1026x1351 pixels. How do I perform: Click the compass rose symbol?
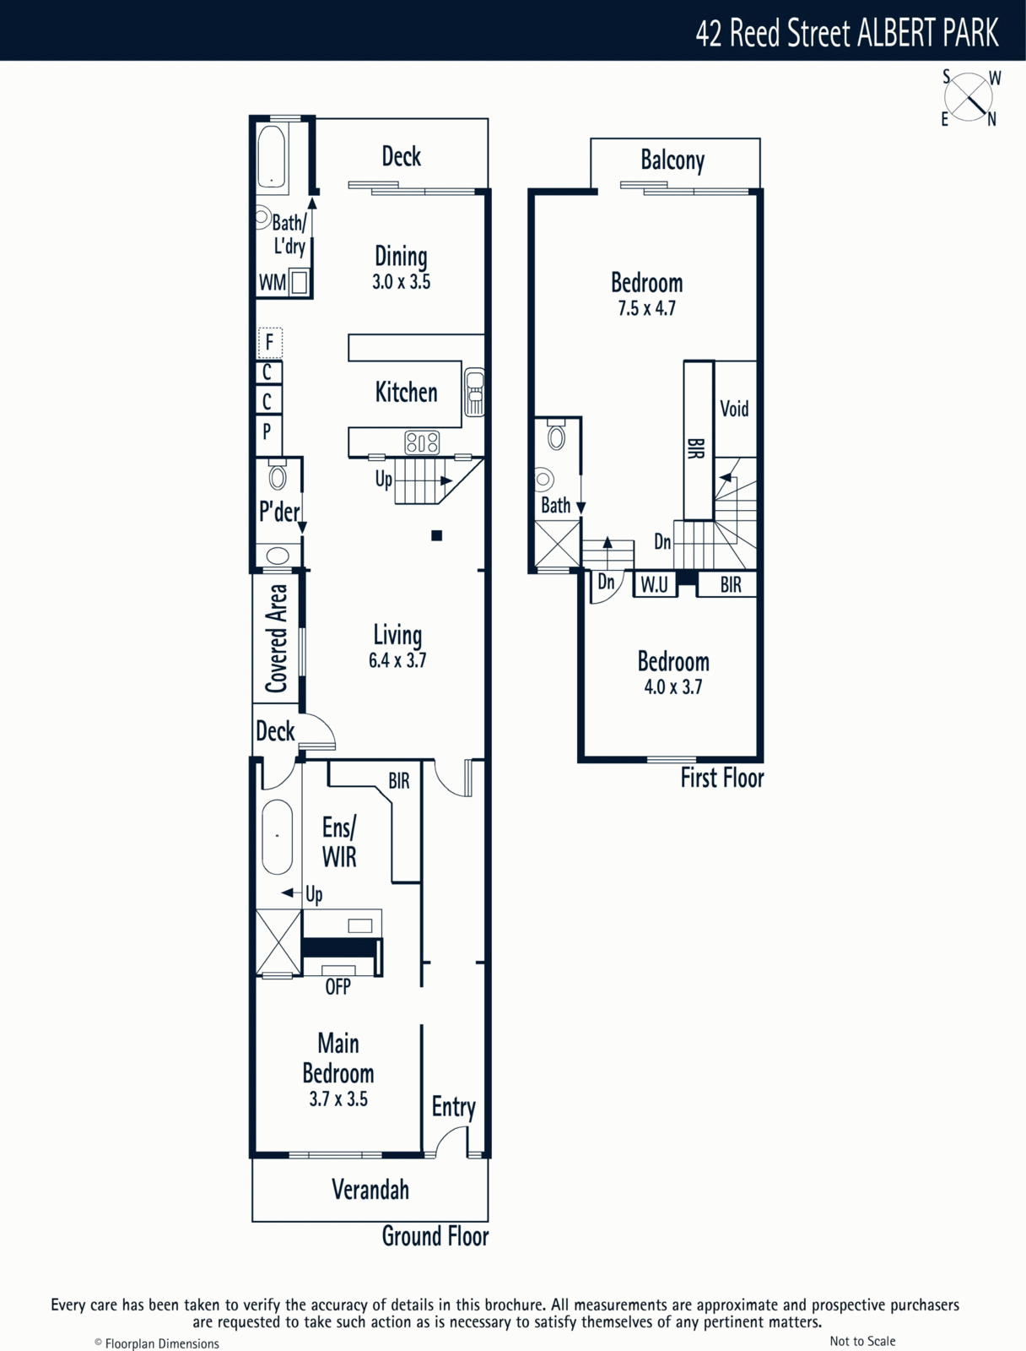969,98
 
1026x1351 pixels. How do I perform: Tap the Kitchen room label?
407,392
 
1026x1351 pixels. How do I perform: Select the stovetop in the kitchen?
422,442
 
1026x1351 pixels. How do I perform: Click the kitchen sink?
474,392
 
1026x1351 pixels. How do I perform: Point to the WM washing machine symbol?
300,283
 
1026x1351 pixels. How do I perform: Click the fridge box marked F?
270,343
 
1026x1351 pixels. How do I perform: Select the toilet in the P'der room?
278,475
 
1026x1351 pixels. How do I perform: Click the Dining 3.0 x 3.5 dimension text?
402,282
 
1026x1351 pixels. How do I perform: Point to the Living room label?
397,636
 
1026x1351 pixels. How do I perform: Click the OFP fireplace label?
337,986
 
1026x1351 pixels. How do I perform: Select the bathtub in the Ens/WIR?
278,837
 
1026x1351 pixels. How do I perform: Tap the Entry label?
454,1107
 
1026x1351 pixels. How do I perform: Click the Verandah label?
370,1190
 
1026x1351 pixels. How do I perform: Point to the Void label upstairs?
735,409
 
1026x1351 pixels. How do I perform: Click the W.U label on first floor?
654,584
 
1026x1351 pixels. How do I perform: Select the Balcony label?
672,160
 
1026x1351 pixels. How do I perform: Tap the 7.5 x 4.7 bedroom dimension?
646,307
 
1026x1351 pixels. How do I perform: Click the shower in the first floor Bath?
557,543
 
